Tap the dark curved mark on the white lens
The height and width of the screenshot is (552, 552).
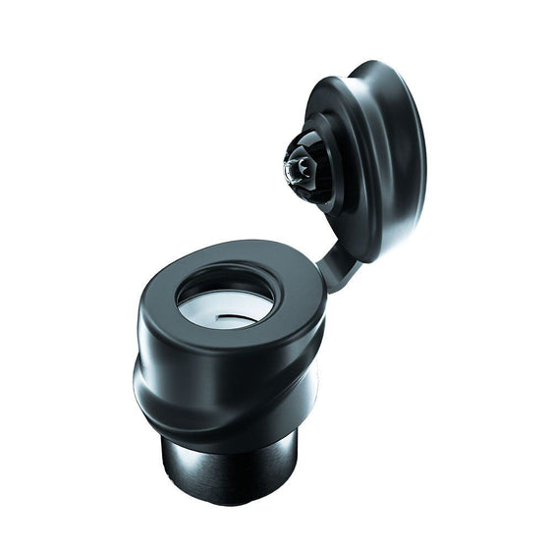click(232, 317)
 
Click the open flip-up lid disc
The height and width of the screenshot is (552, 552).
click(368, 157)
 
